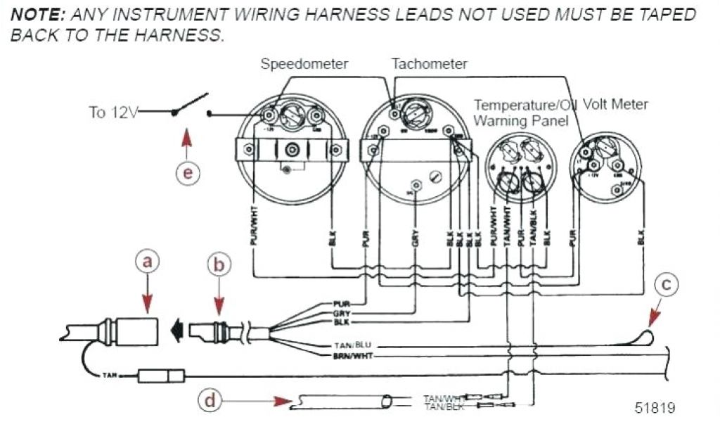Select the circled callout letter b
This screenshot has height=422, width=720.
(x=219, y=264)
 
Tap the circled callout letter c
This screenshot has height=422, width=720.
(x=667, y=285)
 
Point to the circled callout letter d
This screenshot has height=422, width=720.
(x=209, y=402)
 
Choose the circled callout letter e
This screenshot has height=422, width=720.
(x=188, y=172)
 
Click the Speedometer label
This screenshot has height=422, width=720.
(x=304, y=64)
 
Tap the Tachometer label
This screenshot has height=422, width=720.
(x=430, y=64)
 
